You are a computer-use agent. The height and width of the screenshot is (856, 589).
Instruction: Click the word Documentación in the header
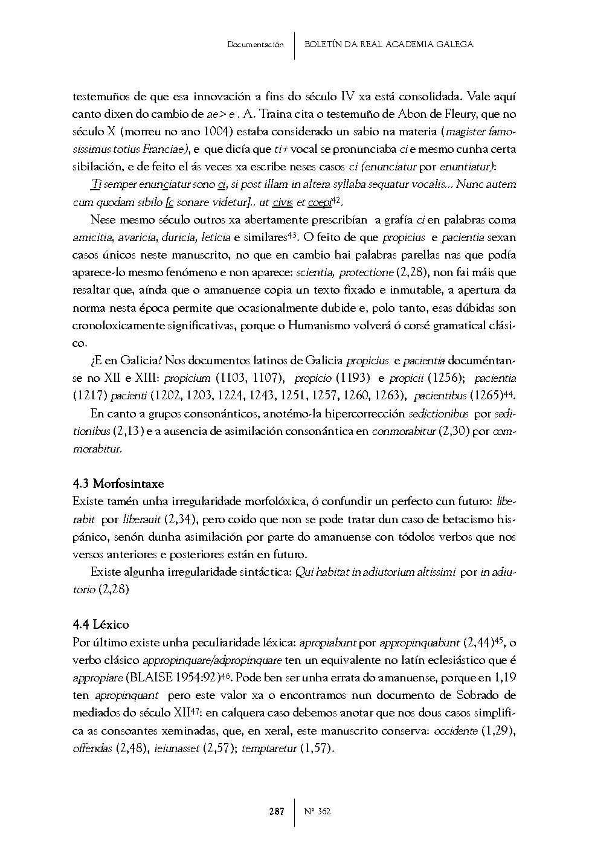[x=256, y=45]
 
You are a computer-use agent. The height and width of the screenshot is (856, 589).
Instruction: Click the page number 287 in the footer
[x=277, y=811]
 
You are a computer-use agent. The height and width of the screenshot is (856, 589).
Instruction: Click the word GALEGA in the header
[x=454, y=45]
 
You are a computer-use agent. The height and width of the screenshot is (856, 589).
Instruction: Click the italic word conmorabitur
[x=402, y=431]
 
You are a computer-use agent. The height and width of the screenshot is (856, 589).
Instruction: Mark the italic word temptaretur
[x=269, y=748]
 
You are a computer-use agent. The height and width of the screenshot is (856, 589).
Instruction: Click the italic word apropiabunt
[x=328, y=642]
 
